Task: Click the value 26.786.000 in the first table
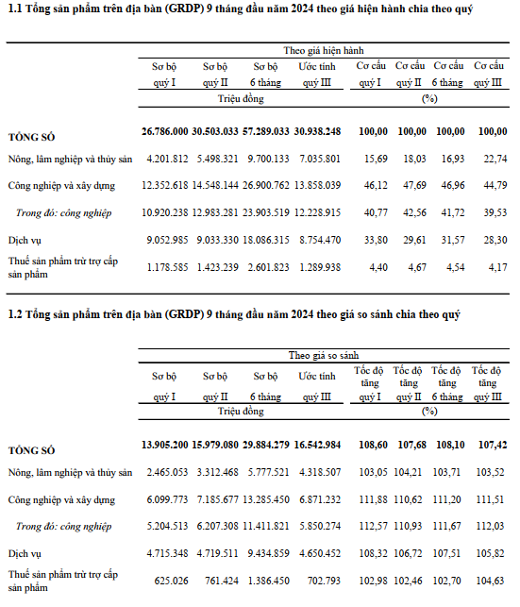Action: coord(165,131)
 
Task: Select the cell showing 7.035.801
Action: coord(320,159)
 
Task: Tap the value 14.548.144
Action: coord(215,185)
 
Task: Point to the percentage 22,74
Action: coord(495,159)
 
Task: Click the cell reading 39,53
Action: coord(495,212)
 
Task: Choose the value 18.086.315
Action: coord(266,240)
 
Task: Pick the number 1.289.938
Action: coord(320,267)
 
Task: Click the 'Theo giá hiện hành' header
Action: coord(324,51)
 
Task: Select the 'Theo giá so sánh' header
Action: coord(324,355)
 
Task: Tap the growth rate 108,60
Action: coord(373,445)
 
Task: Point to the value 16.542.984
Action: coord(317,445)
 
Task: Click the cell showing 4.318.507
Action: coord(320,472)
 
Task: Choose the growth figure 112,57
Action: coord(373,526)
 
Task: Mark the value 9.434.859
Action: coord(269,553)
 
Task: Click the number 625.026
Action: coord(171,582)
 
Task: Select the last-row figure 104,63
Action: coord(490,582)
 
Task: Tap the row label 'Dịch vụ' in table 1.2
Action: coord(25,554)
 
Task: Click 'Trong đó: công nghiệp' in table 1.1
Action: coord(64,213)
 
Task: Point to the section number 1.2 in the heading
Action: coord(15,314)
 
